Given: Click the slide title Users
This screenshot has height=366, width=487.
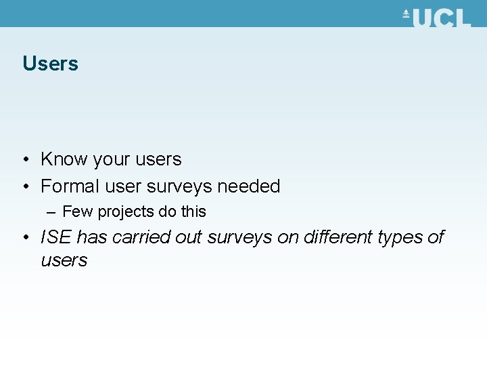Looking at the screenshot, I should (50, 64).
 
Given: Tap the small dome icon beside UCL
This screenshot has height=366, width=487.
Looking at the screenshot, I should (407, 14).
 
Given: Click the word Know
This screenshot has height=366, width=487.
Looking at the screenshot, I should (64, 159).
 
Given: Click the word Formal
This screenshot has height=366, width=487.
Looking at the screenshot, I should (70, 186).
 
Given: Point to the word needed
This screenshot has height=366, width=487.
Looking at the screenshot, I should (248, 186).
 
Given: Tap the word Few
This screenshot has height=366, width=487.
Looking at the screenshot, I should (78, 211).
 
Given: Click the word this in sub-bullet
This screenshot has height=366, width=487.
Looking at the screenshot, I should (193, 211).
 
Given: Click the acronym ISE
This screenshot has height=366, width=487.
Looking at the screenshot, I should (56, 237).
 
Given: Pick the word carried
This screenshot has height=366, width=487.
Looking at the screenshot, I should (141, 237).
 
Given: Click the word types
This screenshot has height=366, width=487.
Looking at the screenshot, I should (401, 238).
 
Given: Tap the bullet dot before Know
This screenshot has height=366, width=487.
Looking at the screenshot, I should (25, 160).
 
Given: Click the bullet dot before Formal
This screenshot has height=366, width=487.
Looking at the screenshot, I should (25, 186).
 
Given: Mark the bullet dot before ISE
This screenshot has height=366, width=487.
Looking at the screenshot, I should (25, 238).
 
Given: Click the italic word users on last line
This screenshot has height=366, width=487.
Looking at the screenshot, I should (64, 260).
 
